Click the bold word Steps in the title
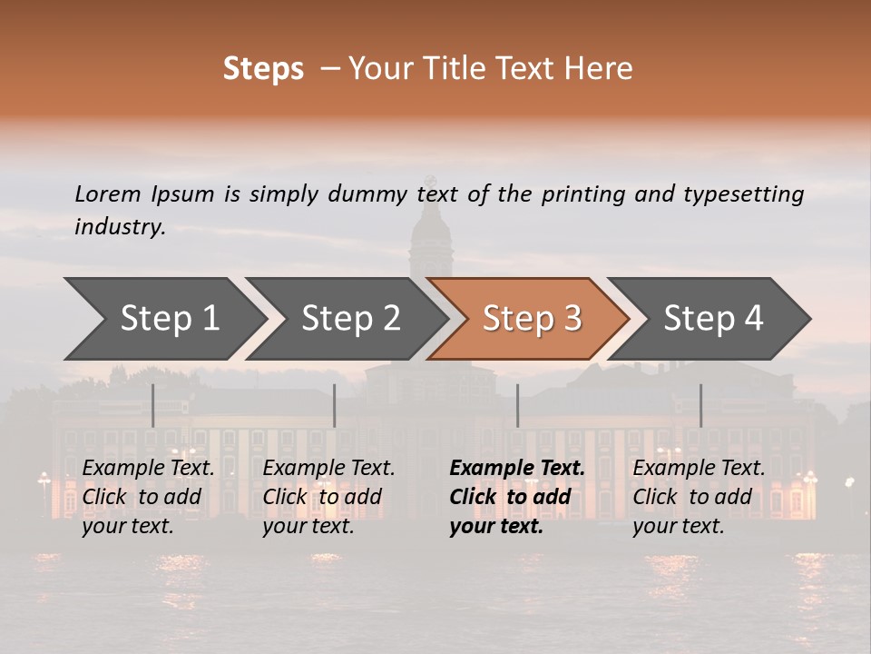(x=263, y=69)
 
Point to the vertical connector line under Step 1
(x=153, y=405)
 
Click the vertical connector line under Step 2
(x=335, y=405)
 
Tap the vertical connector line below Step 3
(x=517, y=405)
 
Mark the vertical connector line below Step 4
(x=700, y=405)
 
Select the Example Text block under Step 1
(x=148, y=497)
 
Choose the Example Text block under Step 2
(x=328, y=497)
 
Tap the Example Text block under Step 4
(x=698, y=497)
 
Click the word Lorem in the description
(x=107, y=194)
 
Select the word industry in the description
(x=119, y=227)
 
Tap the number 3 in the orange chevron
(x=573, y=319)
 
